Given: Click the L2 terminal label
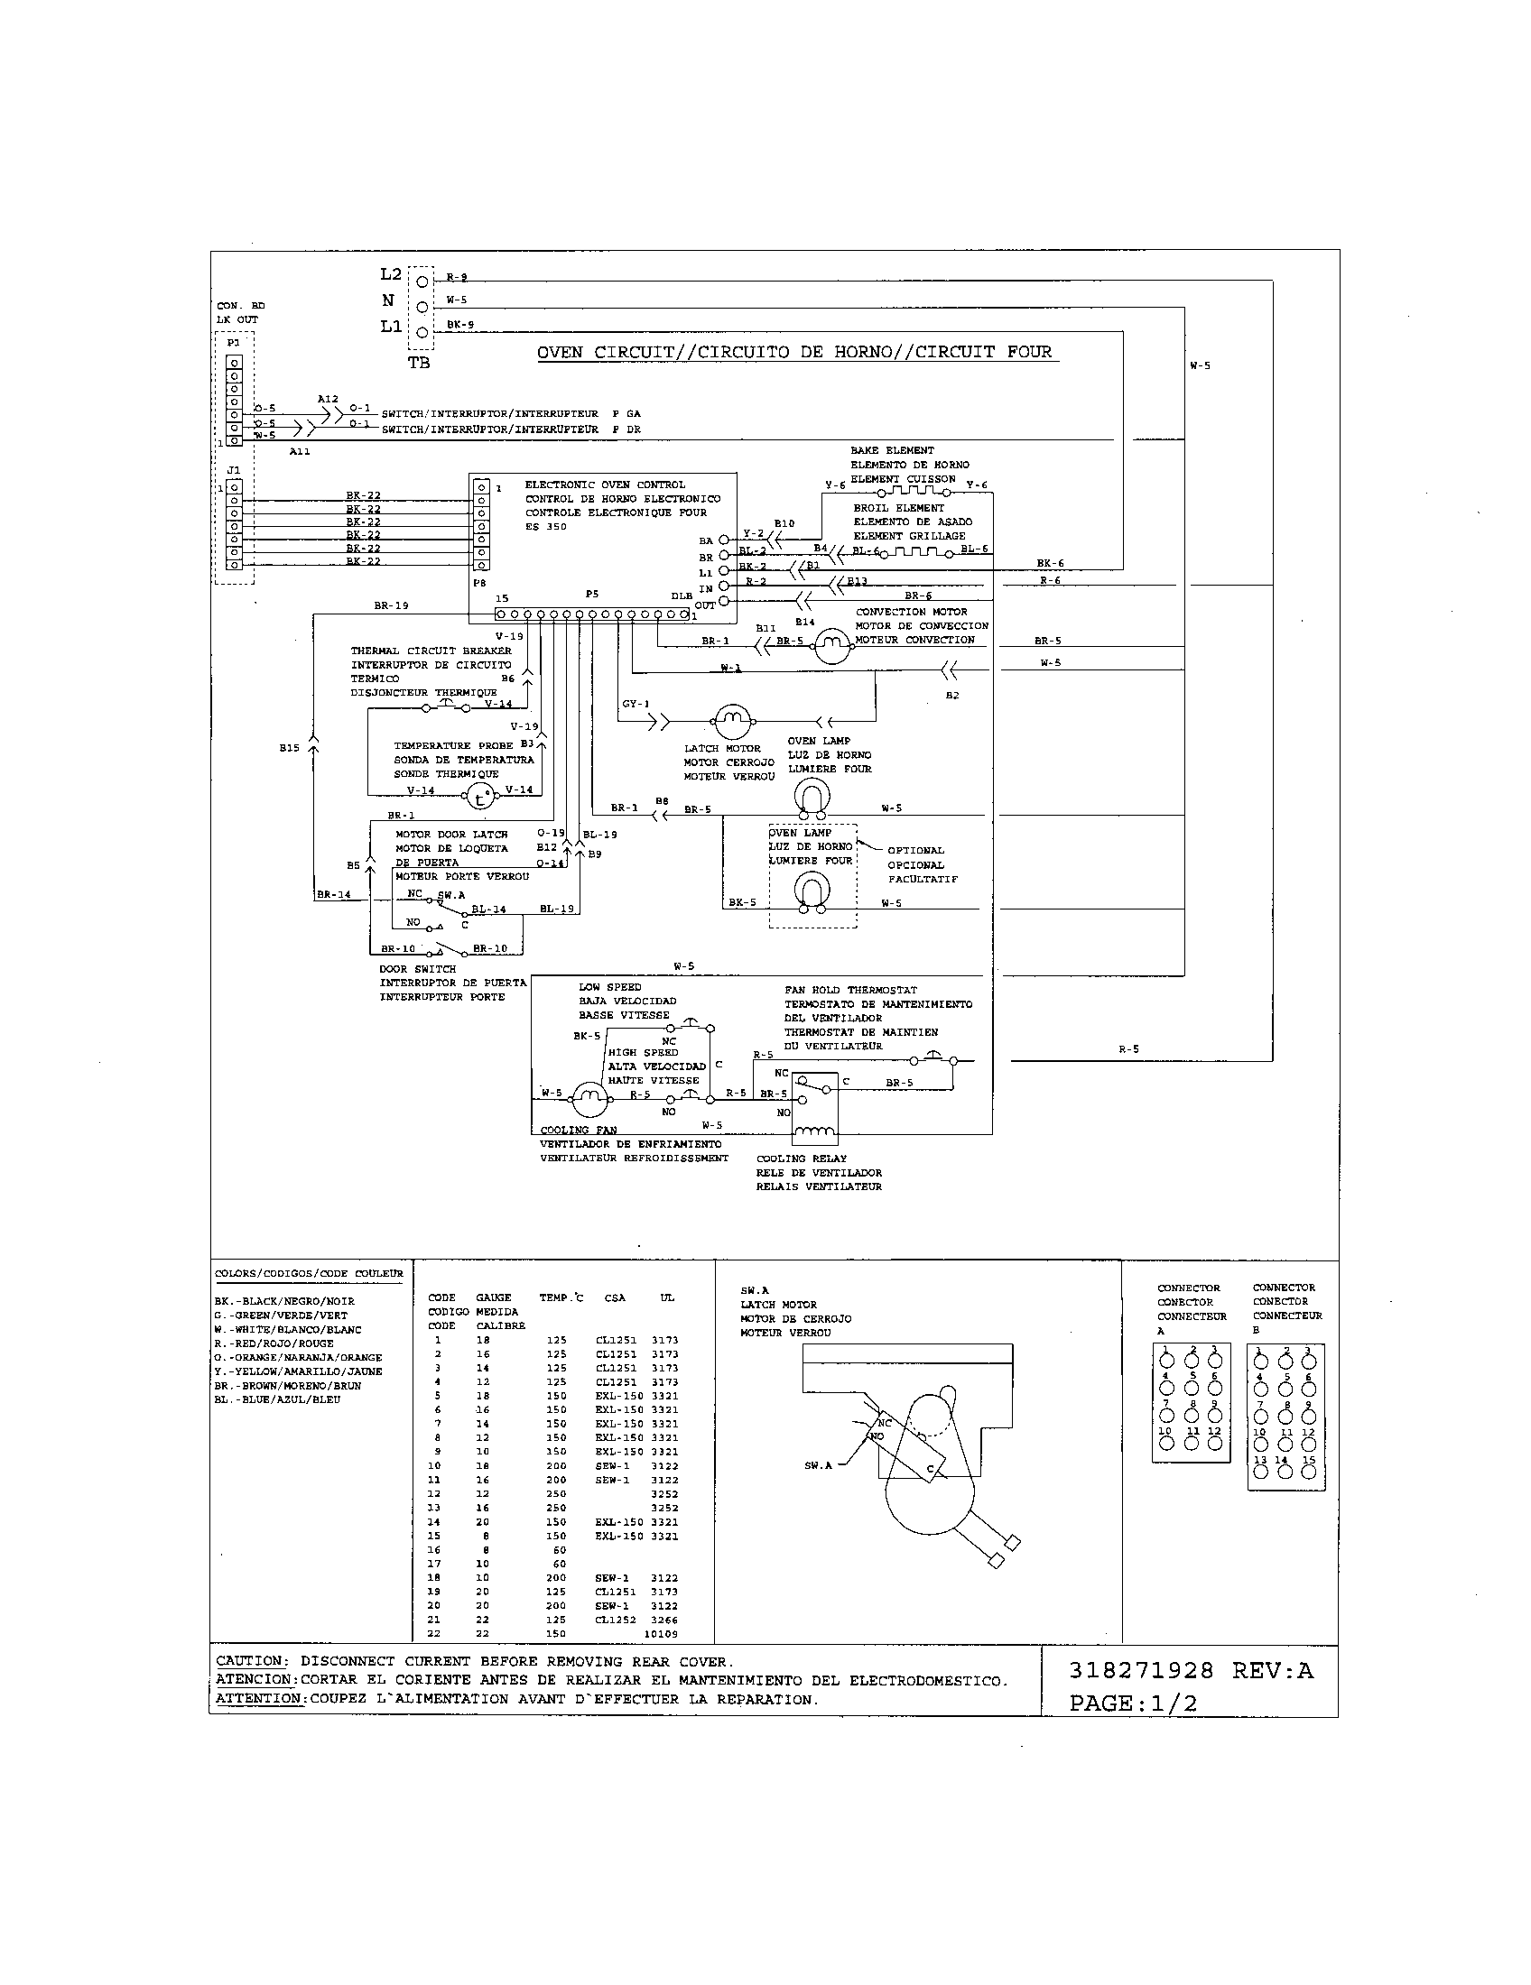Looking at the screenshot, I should coord(391,273).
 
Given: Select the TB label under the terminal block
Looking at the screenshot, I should coord(419,364).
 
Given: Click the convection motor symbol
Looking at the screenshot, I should coord(829,646).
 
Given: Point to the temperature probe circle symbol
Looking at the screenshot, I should coord(480,797).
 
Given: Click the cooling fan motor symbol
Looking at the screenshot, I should coord(589,1101).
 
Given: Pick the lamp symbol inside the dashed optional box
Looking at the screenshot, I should coord(810,891).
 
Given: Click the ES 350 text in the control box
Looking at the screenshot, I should coord(545,527).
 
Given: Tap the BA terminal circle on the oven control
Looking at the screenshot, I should coord(724,540).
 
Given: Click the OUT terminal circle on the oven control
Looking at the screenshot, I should coord(724,602).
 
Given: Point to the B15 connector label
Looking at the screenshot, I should coord(289,748).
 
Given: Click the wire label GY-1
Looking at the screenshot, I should coord(636,704).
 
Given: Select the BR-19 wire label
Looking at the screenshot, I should coord(391,605).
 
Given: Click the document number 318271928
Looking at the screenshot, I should coord(1141,1670).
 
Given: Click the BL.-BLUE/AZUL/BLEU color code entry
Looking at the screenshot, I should coord(277,1399).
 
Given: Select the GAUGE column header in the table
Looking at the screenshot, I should coord(493,1297).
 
